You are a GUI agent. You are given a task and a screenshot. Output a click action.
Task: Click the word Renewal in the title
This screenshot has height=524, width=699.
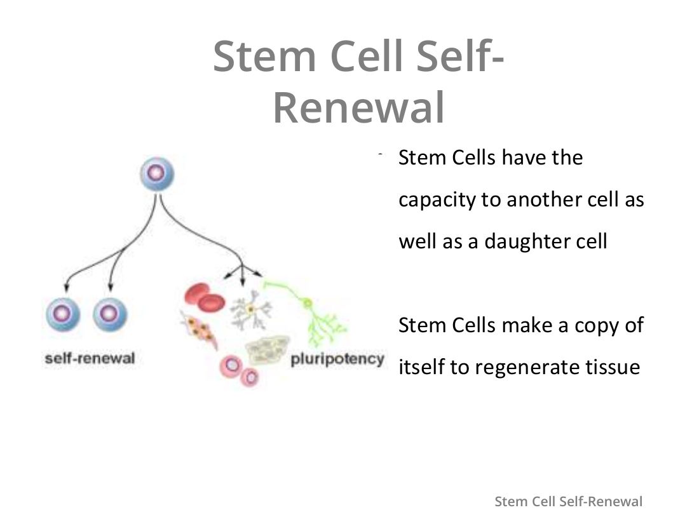[x=359, y=107]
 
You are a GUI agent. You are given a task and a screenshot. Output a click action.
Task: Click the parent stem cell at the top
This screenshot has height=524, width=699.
[x=157, y=174]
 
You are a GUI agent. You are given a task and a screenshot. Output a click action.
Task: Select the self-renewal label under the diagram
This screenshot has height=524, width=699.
[x=90, y=358]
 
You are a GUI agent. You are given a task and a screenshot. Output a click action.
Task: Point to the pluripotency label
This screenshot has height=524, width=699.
[x=337, y=359]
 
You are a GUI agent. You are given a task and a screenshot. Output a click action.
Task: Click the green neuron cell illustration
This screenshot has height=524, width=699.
[x=308, y=312]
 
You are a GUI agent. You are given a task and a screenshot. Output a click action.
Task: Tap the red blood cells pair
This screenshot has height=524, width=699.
[x=204, y=297]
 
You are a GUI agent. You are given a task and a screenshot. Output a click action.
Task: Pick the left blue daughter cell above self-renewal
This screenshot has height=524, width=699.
[x=63, y=314]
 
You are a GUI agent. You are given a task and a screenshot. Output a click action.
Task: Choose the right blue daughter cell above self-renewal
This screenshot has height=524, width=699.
[x=110, y=314]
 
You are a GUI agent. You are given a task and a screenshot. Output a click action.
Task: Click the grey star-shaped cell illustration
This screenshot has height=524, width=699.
[x=250, y=310]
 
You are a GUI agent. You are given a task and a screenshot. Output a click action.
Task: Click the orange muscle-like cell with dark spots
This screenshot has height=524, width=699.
[x=199, y=330]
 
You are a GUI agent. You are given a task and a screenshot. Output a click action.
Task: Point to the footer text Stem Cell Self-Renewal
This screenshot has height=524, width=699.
[x=568, y=501]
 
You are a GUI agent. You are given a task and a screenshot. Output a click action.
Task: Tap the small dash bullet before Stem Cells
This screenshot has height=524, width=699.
[x=380, y=154]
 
